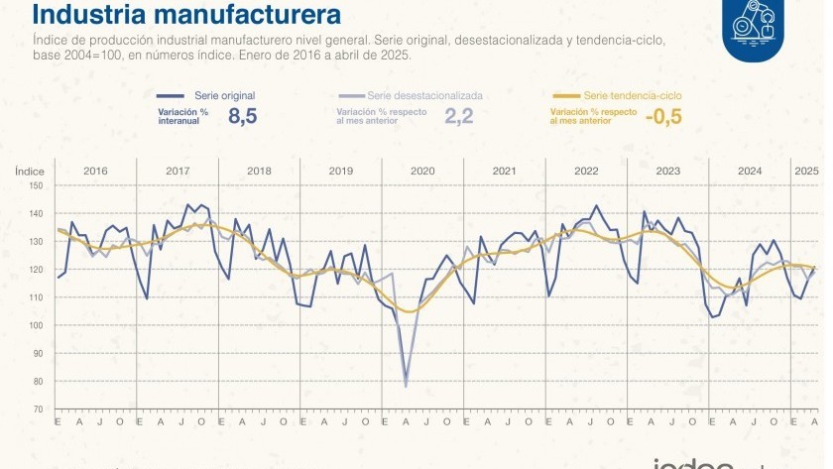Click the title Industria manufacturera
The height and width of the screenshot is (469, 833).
point(188,15)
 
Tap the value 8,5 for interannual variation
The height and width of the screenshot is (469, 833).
point(242,116)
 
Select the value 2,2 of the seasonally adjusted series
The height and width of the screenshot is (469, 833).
point(459,116)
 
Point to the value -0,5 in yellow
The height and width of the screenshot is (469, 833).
point(662,116)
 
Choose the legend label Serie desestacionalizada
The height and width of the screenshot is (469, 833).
point(424,95)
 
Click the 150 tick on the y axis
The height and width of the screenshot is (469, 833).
point(36,185)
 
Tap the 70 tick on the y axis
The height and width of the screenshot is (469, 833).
point(38,409)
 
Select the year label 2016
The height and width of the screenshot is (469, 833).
point(95,171)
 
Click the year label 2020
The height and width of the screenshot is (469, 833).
point(422,171)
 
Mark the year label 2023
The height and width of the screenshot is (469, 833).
point(667,171)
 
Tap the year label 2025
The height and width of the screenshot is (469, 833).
point(806,171)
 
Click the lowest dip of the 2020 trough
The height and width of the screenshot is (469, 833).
point(406,385)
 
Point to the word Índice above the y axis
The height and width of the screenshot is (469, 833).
point(30,171)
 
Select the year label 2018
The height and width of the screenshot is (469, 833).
point(259,171)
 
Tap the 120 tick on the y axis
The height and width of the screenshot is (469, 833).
point(36,270)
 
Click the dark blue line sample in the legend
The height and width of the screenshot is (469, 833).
point(174,95)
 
